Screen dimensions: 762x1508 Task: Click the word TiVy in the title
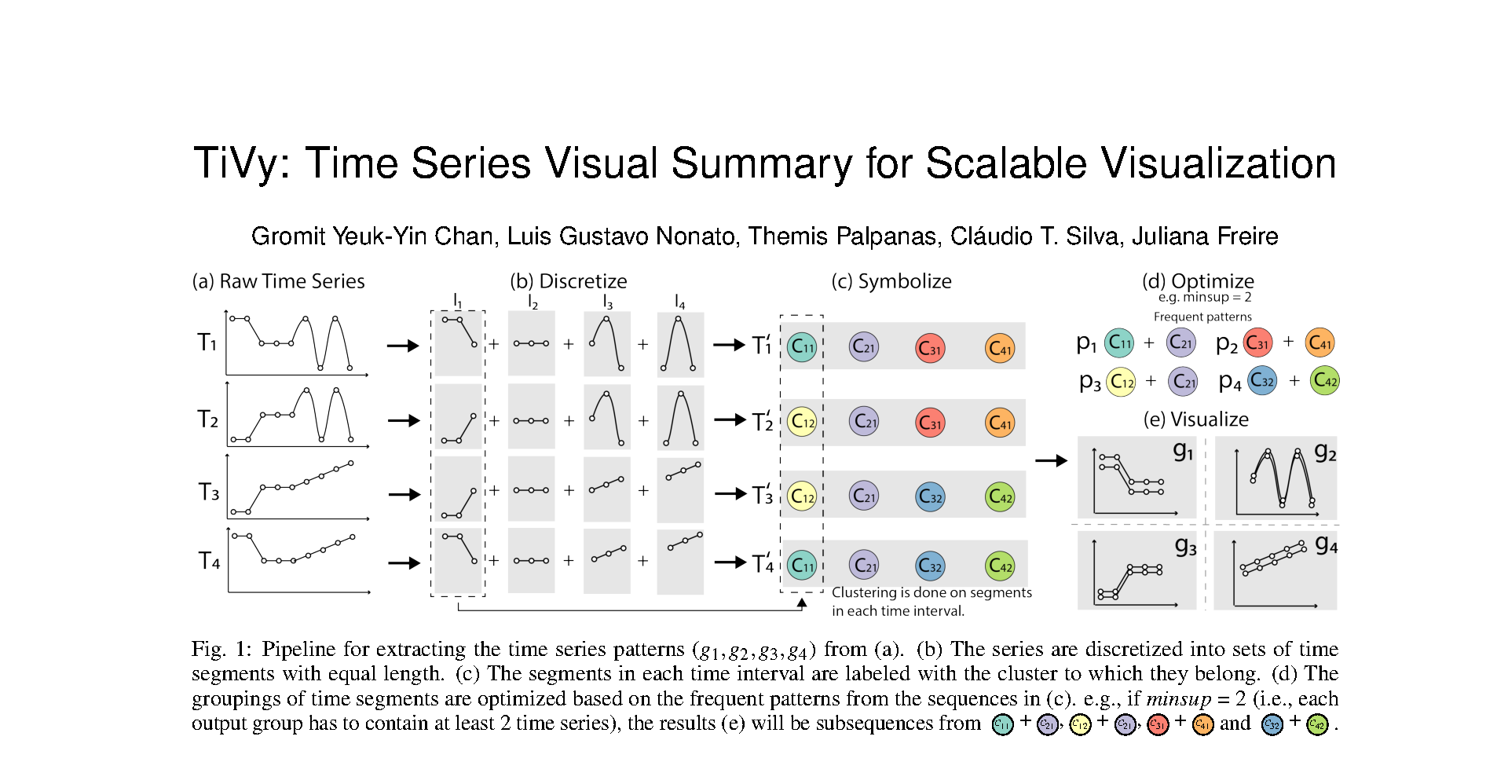[241, 164]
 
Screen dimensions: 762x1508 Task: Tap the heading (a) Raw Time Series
[278, 281]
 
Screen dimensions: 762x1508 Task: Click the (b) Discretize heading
[568, 281]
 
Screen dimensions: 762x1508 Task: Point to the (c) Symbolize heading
[891, 281]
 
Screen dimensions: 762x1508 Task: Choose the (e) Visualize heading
[1195, 419]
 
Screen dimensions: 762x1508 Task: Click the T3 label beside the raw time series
[209, 493]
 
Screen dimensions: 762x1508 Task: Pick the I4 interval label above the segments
[679, 302]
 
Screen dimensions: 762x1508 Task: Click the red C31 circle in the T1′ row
[930, 348]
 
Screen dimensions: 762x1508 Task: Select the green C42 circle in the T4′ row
[1000, 566]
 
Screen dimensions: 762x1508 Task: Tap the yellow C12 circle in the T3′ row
[802, 496]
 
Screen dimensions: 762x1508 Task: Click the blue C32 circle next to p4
[1262, 381]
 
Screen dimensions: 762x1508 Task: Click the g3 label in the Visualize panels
[1185, 547]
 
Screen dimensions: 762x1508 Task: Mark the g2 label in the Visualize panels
[1325, 452]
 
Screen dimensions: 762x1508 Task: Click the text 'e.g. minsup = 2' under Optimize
[1204, 298]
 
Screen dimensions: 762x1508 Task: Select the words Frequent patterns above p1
[1202, 317]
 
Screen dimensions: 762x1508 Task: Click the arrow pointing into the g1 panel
[1051, 460]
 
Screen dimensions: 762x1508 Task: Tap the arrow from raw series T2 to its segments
[404, 420]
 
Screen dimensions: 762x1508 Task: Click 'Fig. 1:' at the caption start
[221, 650]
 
